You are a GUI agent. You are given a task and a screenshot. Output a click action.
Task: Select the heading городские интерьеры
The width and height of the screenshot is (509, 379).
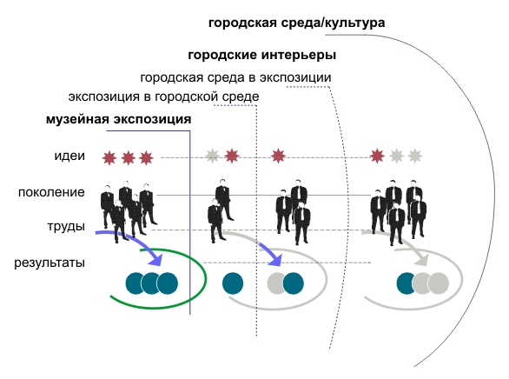[262, 55]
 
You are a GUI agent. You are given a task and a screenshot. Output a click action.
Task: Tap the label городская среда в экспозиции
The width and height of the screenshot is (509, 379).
[235, 78]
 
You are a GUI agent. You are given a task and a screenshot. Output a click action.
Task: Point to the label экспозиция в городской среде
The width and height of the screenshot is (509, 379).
[163, 96]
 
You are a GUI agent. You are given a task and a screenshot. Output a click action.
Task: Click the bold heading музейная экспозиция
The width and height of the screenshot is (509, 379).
[118, 119]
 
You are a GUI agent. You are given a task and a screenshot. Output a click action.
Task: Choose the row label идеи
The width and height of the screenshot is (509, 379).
[69, 156]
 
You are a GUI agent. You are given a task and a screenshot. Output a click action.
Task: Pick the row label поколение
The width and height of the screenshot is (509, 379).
[51, 192]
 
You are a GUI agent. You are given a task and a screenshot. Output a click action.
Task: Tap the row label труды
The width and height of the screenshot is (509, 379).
[66, 226]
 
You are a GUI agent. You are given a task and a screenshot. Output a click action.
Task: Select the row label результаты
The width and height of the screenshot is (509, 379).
[50, 263]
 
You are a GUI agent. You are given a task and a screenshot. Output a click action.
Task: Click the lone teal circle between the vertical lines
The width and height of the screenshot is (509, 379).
[233, 283]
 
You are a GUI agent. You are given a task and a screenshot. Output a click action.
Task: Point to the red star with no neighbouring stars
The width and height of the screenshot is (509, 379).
[278, 156]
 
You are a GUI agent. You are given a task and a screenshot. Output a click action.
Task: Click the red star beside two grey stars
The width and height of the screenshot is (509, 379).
[377, 156]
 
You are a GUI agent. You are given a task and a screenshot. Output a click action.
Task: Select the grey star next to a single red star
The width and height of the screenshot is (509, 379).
[212, 156]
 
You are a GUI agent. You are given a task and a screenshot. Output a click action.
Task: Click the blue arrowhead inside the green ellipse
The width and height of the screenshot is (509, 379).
[156, 259]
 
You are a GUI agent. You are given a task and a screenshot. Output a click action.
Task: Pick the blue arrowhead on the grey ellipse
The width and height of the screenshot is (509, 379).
[275, 259]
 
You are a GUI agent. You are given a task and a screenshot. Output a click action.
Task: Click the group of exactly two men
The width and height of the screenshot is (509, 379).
[220, 211]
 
